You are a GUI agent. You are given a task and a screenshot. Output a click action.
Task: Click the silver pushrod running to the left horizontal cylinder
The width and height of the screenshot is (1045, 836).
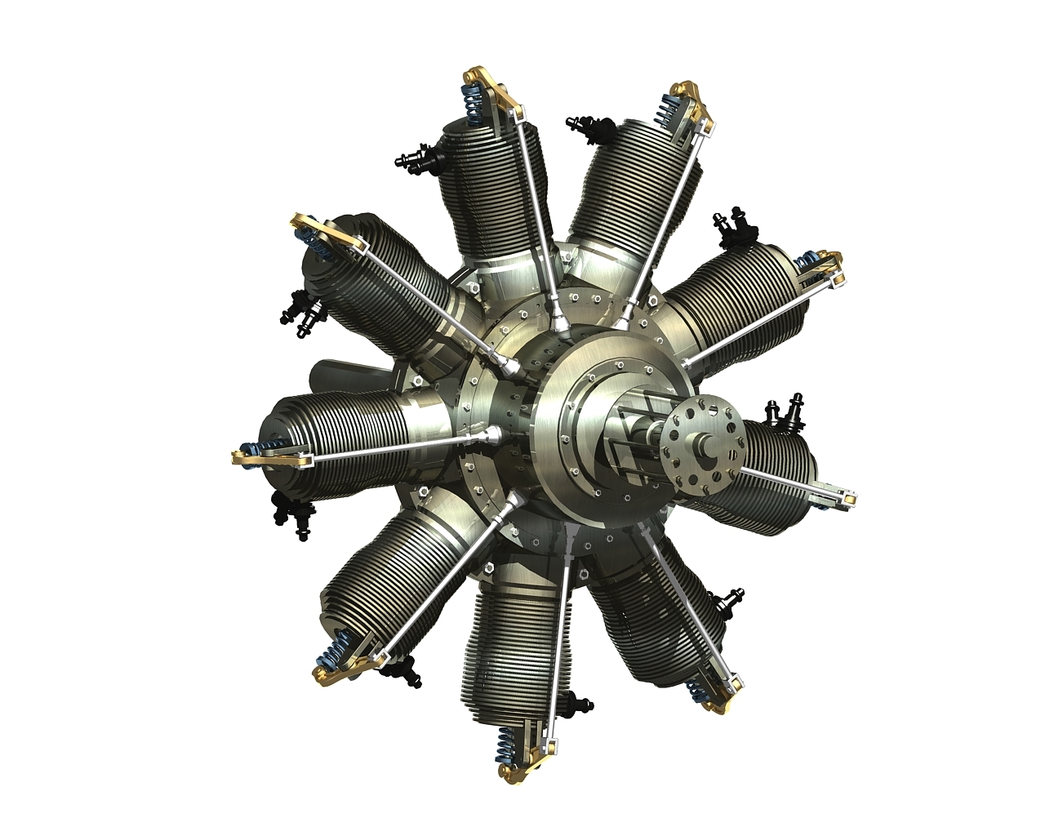pos(392,445)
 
